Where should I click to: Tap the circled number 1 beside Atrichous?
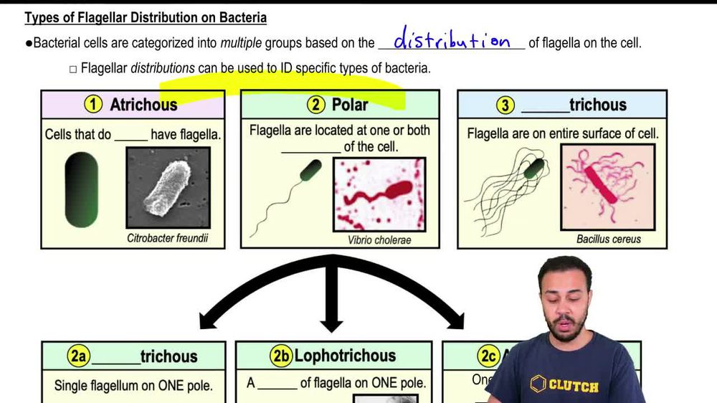[93, 105]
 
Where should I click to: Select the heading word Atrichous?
[143, 105]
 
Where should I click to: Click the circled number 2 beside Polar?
[316, 105]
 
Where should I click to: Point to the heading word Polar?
[350, 105]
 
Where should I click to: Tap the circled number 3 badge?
[505, 105]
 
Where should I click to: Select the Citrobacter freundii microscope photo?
[168, 188]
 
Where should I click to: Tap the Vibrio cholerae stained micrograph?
[379, 194]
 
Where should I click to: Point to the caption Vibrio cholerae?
[379, 240]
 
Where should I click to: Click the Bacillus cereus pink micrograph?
[608, 188]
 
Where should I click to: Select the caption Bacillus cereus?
[608, 239]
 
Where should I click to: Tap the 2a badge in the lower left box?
[78, 356]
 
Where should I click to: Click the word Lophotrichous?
[345, 356]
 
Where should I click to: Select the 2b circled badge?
[281, 356]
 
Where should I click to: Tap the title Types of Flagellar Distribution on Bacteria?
[146, 17]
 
